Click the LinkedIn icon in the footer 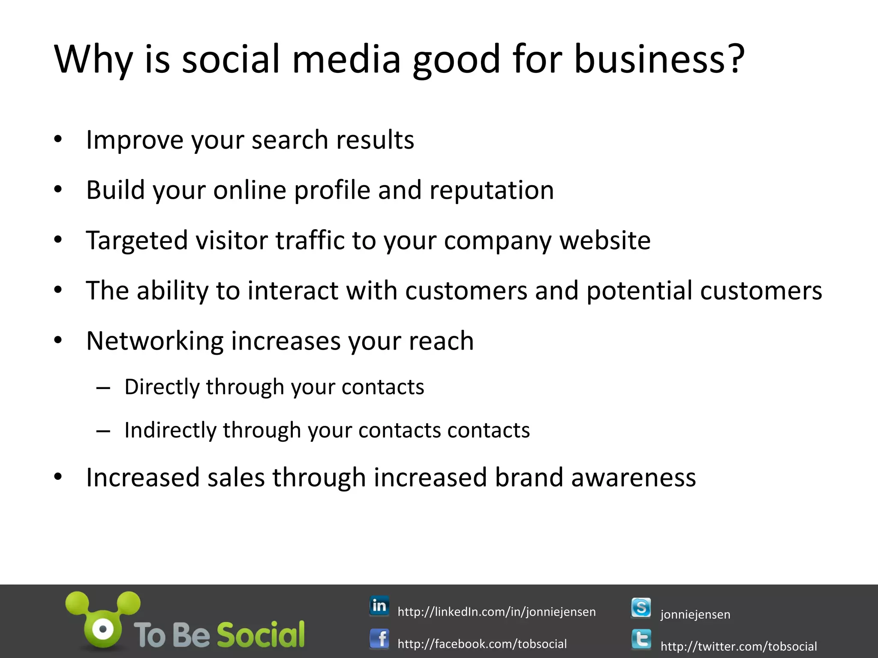(379, 606)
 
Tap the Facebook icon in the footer (379, 640)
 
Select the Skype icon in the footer (641, 608)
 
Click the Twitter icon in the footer (641, 640)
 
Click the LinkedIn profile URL (496, 612)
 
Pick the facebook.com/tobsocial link (482, 644)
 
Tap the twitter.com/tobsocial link (739, 646)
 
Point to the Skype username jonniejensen (695, 614)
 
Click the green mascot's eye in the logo (103, 629)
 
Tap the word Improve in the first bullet (134, 140)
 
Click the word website (605, 240)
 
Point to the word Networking (155, 341)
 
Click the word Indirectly (170, 430)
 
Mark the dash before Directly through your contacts (103, 388)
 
